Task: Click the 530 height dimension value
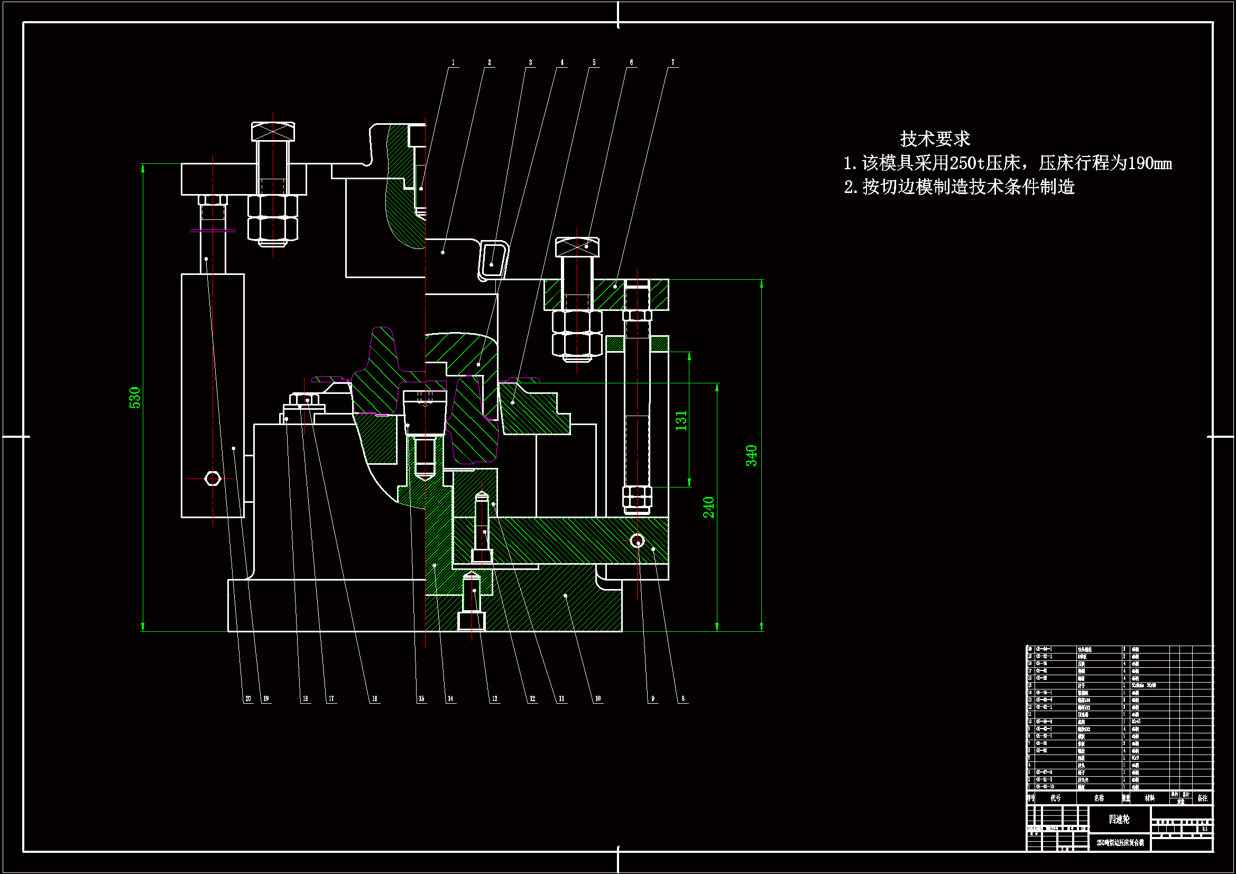point(135,398)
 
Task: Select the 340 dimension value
point(752,456)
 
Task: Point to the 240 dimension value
point(708,507)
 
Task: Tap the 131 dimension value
point(681,420)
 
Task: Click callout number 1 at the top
point(453,62)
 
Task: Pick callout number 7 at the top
point(672,62)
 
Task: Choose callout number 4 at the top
point(562,62)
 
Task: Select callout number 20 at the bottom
point(248,699)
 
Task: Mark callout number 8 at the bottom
point(683,699)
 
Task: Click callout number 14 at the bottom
point(450,699)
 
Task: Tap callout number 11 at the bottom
point(561,699)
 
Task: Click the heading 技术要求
point(935,139)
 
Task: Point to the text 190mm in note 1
point(1149,163)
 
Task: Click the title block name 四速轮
point(1119,819)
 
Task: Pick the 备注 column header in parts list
point(1203,798)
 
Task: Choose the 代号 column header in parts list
point(1056,798)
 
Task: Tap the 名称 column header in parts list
point(1099,798)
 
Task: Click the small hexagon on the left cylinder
point(213,478)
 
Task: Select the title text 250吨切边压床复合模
point(1120,843)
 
